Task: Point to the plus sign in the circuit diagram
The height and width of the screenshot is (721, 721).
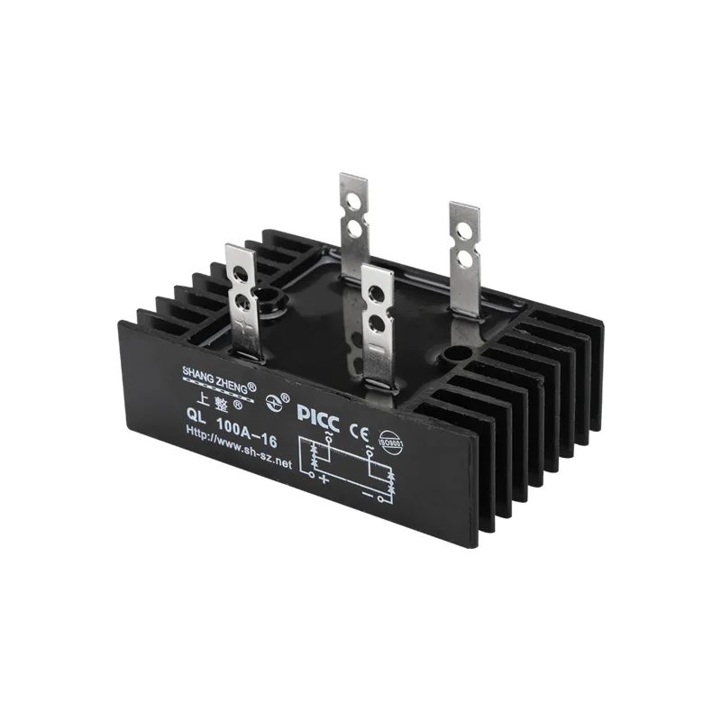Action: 324,477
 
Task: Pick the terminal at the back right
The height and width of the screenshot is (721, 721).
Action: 464,257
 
